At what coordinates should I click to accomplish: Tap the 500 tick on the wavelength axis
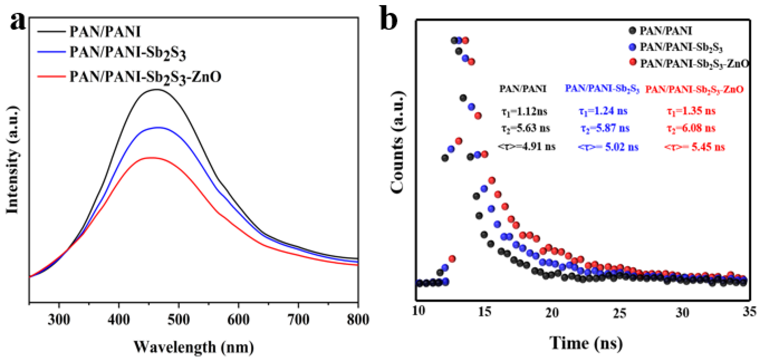pos(178,319)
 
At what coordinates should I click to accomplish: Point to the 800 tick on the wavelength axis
pos(358,319)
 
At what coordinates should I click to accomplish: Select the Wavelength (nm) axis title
pos(193,347)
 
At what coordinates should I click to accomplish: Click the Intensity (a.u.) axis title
pos(12,160)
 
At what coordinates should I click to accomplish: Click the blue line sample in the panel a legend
pos(51,52)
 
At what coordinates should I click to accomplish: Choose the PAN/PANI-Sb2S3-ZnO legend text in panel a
pos(145,77)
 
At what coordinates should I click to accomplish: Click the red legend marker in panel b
pos(632,62)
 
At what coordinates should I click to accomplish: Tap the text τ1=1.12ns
pos(524,112)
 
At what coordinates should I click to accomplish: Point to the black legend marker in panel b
pos(632,30)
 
